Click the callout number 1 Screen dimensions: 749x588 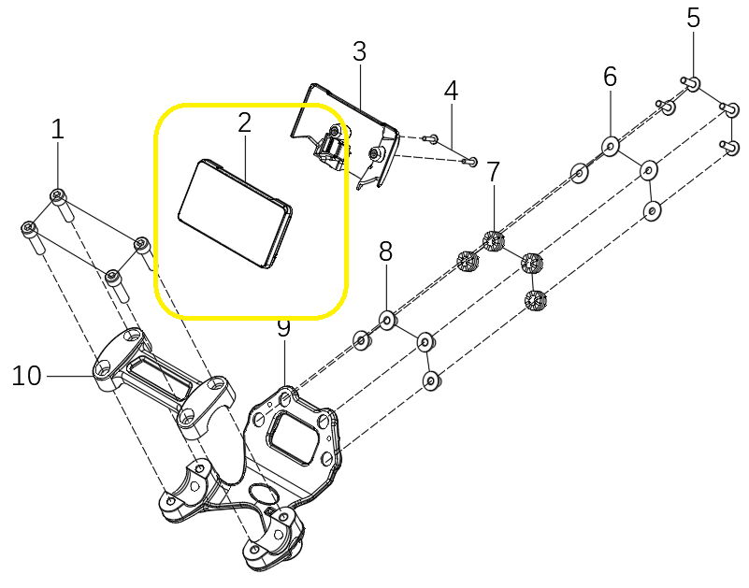click(x=57, y=129)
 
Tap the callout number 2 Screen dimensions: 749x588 click(x=244, y=122)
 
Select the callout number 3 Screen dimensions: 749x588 click(x=359, y=51)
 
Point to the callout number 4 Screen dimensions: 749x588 click(x=451, y=91)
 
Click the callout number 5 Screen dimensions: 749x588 click(x=693, y=18)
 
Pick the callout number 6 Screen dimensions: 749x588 click(x=610, y=77)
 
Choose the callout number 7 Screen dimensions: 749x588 click(x=493, y=172)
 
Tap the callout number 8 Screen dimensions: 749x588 click(x=385, y=251)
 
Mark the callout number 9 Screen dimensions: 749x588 click(x=283, y=328)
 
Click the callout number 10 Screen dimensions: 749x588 click(x=27, y=376)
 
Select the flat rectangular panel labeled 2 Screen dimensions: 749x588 click(x=235, y=213)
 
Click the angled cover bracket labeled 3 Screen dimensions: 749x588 click(x=345, y=136)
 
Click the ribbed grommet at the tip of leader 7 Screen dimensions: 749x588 click(x=494, y=240)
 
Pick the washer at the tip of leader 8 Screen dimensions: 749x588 click(x=387, y=320)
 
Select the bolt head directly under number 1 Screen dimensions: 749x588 click(x=58, y=195)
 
